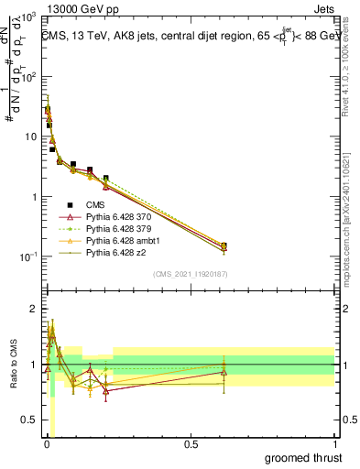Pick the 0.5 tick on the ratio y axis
coord(30,420)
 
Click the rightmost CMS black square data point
coord(224,245)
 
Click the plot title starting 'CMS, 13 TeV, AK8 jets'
coord(189,37)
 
